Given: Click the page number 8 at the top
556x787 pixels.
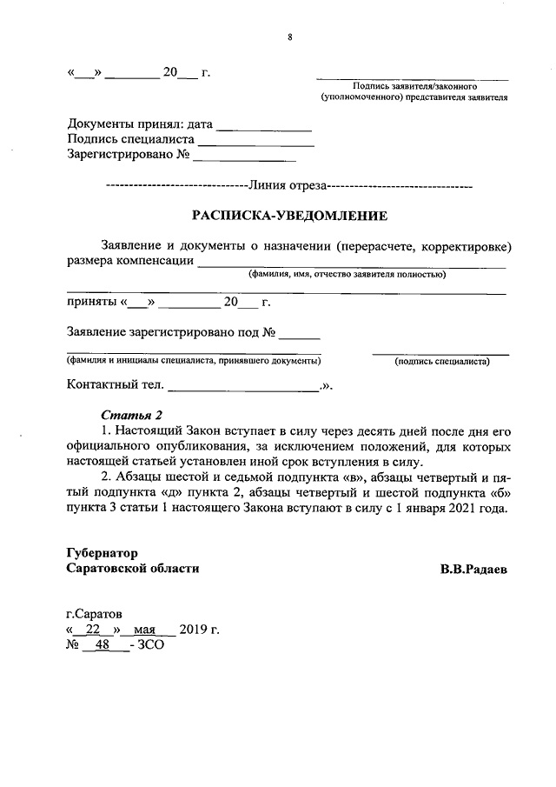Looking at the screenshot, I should pyautogui.click(x=289, y=37).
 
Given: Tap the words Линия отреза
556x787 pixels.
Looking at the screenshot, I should pyautogui.click(x=288, y=184).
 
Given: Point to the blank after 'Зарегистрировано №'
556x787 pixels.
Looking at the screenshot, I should pyautogui.click(x=244, y=158).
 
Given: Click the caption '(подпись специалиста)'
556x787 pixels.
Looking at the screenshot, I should pyautogui.click(x=441, y=362).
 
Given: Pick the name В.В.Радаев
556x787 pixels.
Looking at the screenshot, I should pyautogui.click(x=473, y=569).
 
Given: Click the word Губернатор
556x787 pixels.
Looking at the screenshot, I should pyautogui.click(x=102, y=552).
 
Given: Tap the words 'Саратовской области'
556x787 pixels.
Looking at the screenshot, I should pyautogui.click(x=133, y=569).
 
